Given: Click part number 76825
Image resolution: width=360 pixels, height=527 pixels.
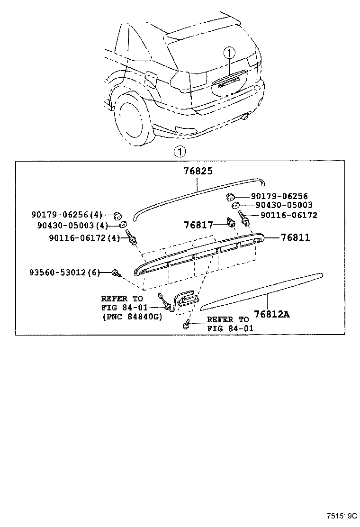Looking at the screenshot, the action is click(198, 171).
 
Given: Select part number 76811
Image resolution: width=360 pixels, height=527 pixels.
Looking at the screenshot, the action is click(296, 237).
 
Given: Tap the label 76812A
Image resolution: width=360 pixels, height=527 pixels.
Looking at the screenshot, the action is click(272, 314).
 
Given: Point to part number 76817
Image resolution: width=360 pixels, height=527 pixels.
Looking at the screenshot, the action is click(198, 225).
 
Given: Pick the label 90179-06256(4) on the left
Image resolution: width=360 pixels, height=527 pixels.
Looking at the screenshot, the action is click(67, 214).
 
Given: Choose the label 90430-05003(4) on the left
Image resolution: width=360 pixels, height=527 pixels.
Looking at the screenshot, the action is click(72, 225).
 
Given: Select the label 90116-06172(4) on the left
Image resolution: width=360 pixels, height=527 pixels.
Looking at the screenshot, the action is click(84, 238).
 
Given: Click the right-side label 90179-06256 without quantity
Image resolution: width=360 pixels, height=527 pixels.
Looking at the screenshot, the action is click(279, 196).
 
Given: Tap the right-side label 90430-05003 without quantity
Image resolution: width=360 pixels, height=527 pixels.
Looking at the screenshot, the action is click(284, 205).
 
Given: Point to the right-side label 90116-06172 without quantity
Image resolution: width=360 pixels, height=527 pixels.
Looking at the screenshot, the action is click(289, 215).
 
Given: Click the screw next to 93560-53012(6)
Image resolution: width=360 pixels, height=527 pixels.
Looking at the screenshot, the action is click(117, 273).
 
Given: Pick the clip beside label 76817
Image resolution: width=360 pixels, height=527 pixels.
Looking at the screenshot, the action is click(231, 222).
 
